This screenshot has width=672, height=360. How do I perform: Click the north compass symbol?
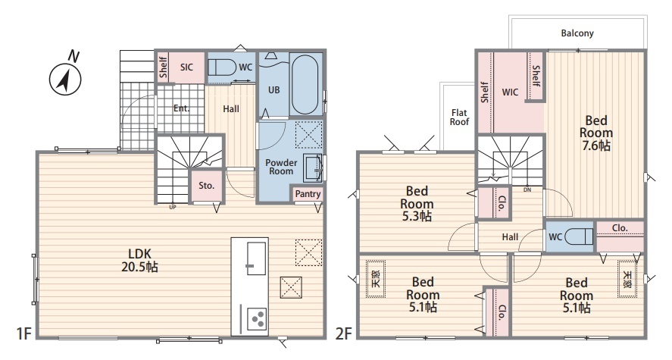coord(66,78)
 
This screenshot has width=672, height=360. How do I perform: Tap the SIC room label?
coord(186,67)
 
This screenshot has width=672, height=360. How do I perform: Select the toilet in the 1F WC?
coord(222,67)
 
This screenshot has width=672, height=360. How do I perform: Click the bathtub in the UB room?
coord(305,84)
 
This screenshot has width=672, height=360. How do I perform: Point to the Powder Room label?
coord(281,167)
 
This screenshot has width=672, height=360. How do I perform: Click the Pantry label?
coord(308,194)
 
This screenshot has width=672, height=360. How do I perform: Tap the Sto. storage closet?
coord(206,186)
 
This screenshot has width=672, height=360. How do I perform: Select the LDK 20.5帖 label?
coord(139,260)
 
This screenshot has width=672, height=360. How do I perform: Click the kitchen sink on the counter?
coord(256,258)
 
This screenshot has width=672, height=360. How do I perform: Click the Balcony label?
coord(577,33)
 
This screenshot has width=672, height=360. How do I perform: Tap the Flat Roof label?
coord(459,117)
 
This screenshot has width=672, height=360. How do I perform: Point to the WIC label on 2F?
coord(510,92)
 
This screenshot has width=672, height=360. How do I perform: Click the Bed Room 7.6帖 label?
coord(596,133)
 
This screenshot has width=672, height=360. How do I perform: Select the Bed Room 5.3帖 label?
coord(417,204)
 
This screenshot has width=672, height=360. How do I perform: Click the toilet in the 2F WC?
coord(579,236)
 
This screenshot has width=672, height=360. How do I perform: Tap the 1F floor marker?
coord(24,333)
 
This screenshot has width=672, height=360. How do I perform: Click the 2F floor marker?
coord(343,333)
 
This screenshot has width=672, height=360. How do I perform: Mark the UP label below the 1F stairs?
coord(173,208)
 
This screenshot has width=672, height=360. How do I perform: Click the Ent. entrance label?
coord(181,108)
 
